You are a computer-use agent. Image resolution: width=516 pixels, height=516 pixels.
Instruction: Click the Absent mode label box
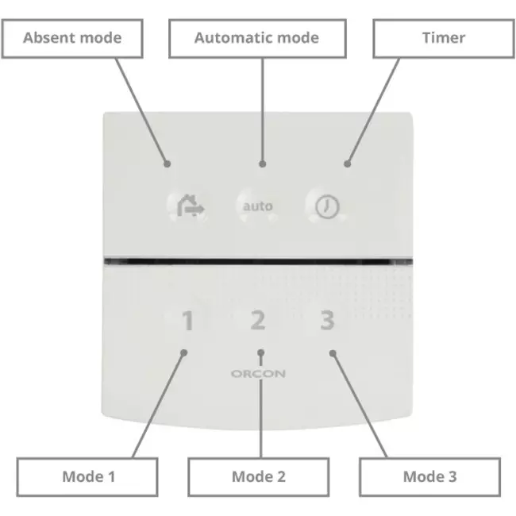point(72,38)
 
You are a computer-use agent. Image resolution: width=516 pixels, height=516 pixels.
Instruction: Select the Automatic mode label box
point(256,38)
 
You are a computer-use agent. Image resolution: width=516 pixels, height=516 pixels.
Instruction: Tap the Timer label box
point(443,38)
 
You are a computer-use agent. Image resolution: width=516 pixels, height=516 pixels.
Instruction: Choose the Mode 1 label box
point(88,476)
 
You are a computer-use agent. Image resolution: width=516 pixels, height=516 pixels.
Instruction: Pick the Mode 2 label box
point(258,476)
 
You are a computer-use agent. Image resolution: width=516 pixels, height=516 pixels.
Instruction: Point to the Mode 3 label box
point(429,476)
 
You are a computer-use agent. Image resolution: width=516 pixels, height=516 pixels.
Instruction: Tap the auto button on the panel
point(258,206)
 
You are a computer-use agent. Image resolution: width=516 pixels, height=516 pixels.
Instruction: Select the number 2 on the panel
point(258,322)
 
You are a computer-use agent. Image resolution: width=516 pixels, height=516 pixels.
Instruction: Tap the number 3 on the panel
point(327,322)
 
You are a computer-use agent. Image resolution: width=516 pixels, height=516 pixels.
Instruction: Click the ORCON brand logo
point(258,373)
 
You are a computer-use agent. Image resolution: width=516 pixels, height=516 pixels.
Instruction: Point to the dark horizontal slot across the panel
point(258,260)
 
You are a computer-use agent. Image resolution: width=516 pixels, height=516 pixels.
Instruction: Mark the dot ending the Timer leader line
point(347,164)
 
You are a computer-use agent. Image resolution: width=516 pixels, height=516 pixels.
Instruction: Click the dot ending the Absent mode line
point(168,164)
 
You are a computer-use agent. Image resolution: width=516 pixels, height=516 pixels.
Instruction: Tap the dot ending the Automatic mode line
point(262,164)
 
